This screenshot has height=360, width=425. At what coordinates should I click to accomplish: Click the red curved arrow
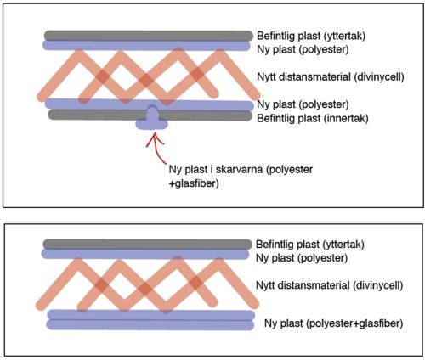tap(156, 150)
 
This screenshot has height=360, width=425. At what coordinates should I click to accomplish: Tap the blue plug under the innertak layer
tap(152, 120)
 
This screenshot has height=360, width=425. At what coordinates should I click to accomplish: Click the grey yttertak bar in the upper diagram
tap(149, 36)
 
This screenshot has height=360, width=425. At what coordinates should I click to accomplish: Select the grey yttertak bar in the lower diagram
tap(147, 244)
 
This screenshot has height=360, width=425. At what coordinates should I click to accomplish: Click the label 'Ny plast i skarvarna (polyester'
tap(241, 169)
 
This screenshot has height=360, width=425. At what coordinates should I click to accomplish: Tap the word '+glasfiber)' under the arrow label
tap(194, 183)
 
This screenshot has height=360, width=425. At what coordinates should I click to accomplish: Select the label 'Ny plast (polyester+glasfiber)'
tap(333, 323)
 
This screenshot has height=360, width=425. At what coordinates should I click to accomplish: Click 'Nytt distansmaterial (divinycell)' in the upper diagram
tap(331, 76)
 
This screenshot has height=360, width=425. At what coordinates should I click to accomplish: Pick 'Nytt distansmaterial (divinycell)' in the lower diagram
tap(329, 285)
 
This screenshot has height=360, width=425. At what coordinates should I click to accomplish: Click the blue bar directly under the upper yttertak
tap(146, 46)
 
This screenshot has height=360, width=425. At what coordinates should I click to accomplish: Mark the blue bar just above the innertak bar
tap(150, 104)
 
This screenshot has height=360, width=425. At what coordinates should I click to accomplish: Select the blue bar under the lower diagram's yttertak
tap(145, 254)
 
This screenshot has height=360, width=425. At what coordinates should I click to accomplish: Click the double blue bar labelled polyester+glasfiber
tap(150, 320)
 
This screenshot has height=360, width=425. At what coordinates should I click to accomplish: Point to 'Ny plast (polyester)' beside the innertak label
tap(303, 104)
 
